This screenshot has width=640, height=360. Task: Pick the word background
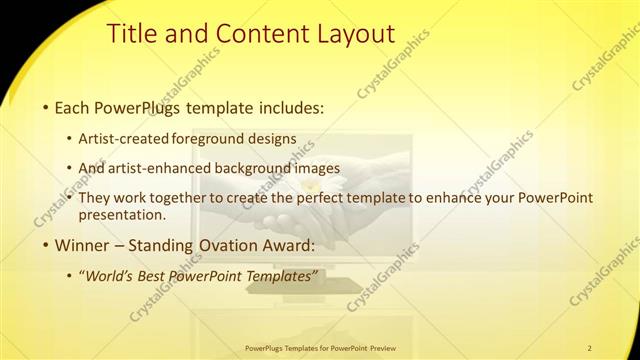266,168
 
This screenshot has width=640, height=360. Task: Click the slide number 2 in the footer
590,346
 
